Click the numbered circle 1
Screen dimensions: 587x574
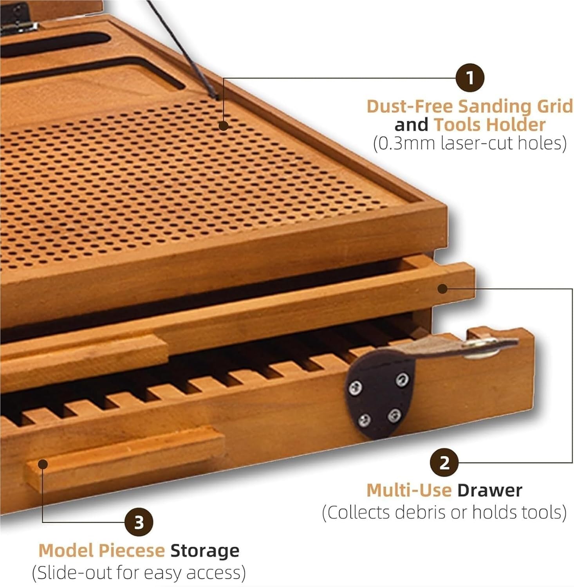coord(470,78)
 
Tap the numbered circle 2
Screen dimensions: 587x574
coord(444,463)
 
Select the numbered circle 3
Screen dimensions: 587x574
coord(139,523)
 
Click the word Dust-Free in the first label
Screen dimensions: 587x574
coord(410,106)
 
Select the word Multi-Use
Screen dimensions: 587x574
coord(409,491)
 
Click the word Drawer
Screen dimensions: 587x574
coord(489,491)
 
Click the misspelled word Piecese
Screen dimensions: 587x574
coord(131,551)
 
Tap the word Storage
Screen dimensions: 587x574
coord(205,551)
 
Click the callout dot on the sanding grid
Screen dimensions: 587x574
coord(224,126)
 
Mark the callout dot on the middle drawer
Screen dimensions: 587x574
coord(442,289)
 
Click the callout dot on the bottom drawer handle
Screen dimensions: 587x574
coord(43,465)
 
